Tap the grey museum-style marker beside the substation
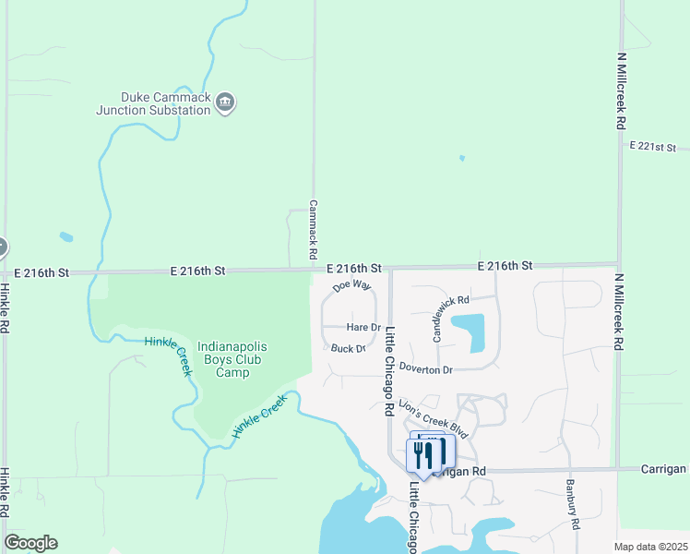(225, 102)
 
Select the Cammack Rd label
(313, 229)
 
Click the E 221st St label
(653, 147)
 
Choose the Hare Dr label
(363, 328)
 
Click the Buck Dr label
(349, 349)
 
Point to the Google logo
(30, 543)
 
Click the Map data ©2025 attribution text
(650, 547)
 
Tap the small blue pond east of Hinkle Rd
(66, 237)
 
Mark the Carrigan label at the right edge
(664, 469)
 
